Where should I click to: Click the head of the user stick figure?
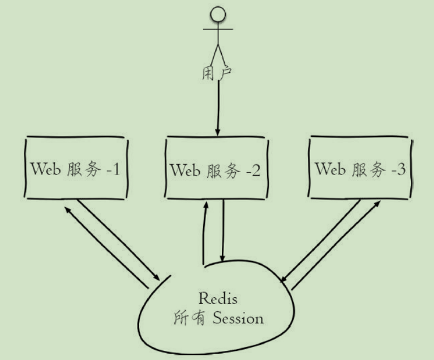[x=218, y=14]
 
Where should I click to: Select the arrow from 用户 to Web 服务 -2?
[x=218, y=108]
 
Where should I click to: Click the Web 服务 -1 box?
[x=75, y=168]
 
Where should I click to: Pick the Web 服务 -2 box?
[x=216, y=168]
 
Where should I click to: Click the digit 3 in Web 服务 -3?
[x=401, y=169]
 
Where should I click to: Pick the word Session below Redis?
[x=238, y=318]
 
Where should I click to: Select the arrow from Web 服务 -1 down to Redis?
[x=119, y=241]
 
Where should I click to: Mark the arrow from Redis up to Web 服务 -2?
[x=204, y=232]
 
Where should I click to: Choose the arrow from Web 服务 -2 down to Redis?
[x=224, y=232]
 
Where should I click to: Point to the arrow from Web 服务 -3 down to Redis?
[x=320, y=240]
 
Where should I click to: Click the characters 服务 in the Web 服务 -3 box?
[x=367, y=169]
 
